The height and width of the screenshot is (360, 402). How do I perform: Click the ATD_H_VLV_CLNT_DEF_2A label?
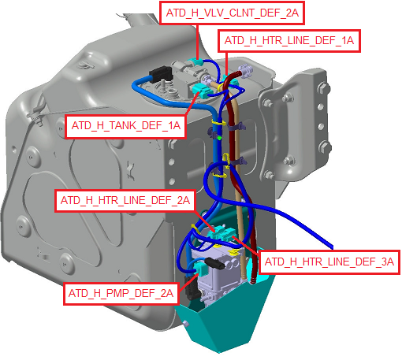click(x=232, y=13)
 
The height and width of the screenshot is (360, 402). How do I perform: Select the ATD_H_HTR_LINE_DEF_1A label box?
click(x=289, y=41)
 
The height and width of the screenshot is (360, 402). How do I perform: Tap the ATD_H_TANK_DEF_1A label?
click(x=126, y=126)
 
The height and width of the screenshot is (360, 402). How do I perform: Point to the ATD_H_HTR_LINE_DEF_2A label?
click(x=125, y=201)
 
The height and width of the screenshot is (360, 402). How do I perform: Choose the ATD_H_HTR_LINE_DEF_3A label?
click(x=329, y=262)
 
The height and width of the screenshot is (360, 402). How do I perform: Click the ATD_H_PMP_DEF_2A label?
click(x=121, y=294)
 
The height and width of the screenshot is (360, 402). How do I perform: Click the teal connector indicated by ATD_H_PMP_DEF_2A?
click(x=201, y=269)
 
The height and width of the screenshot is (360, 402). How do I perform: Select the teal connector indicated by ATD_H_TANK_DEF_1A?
click(x=199, y=91)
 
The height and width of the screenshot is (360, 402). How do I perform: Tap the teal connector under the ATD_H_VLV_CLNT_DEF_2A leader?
click(x=195, y=63)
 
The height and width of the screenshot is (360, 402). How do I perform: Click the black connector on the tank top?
click(x=161, y=73)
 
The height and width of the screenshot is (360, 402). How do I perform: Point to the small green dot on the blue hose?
click(x=219, y=138)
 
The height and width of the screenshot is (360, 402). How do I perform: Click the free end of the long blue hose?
click(x=332, y=247)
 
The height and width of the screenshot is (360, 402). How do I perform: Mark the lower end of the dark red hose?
click(x=253, y=281)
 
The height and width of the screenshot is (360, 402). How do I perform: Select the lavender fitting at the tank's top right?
click(x=245, y=70)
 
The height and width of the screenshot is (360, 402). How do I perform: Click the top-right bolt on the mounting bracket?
click(x=323, y=87)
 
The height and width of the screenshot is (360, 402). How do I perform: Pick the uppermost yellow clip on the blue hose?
click(x=219, y=122)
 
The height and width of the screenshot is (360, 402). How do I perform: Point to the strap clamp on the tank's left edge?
click(x=36, y=115)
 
